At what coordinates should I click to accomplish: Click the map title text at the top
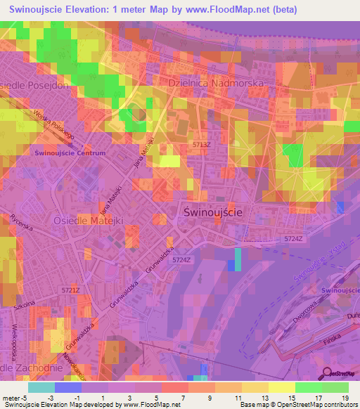[x=153, y=10]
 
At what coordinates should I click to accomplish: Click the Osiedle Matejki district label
[x=89, y=220]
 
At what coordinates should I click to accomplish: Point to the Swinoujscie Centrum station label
[x=70, y=152]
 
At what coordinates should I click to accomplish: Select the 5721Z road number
[x=71, y=290]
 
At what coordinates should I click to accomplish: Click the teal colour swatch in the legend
[x=41, y=387]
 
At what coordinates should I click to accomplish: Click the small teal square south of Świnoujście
[x=237, y=259]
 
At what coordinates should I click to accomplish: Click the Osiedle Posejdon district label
[x=35, y=85]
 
